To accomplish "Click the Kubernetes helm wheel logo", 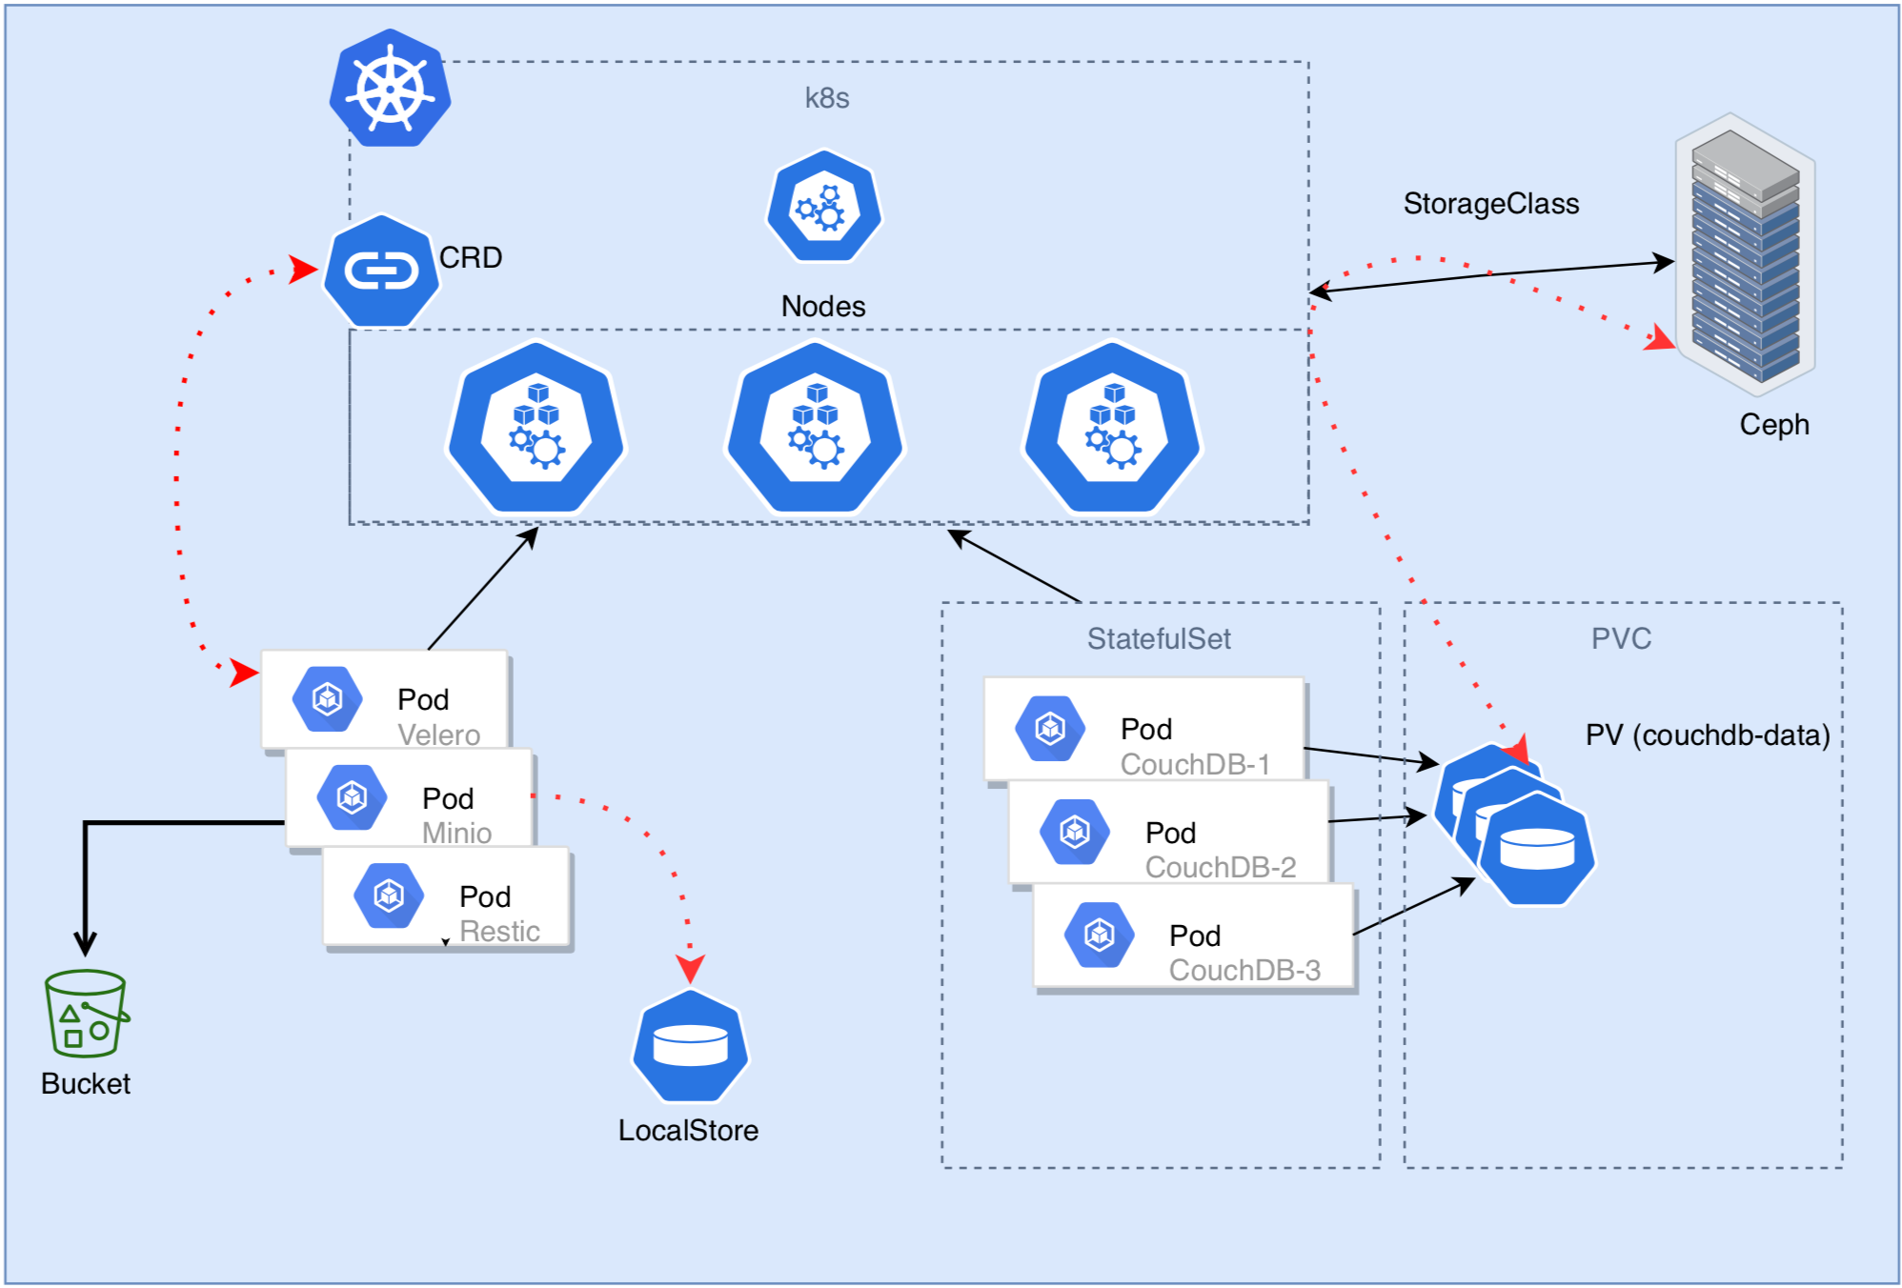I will [390, 89].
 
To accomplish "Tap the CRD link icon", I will [381, 272].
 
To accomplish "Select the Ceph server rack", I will [1745, 255].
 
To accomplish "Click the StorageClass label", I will [1490, 204].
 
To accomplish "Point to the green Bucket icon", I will [86, 1014].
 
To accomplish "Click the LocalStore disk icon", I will [691, 1045].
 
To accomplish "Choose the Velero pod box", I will [384, 699].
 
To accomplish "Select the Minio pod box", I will [409, 797].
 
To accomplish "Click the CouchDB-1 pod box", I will [1143, 729].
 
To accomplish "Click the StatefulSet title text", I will [1159, 638].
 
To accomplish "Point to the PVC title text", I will [1621, 638].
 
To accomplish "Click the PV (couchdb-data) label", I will [1707, 735].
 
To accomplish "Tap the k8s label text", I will [826, 98].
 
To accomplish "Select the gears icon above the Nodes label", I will [824, 207].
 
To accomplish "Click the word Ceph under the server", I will [1773, 424].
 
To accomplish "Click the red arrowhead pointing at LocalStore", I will [690, 969].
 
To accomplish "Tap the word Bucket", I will [86, 1084].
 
